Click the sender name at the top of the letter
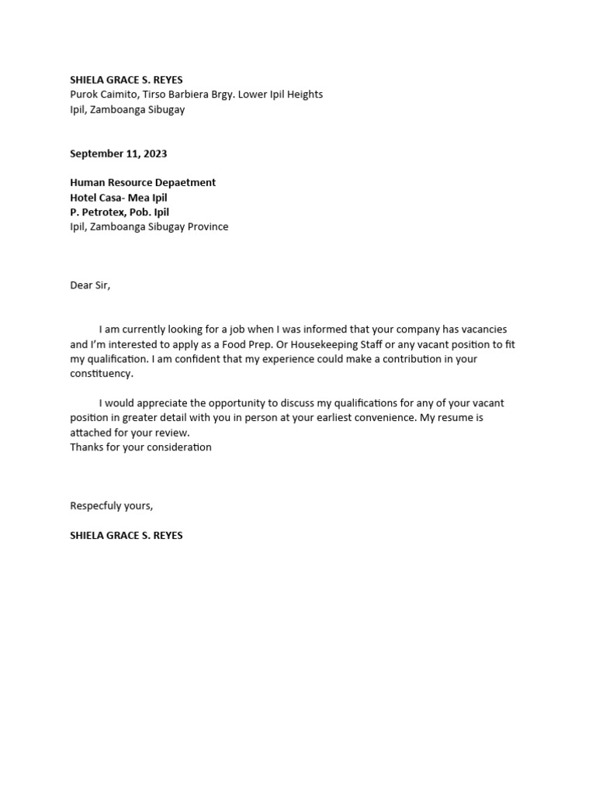pos(126,80)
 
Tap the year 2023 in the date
pos(154,154)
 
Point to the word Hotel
pos(84,198)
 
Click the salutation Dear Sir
pos(90,285)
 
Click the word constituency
pos(101,374)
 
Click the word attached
pos(91,433)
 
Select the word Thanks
pos(86,447)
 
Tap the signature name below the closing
pos(126,536)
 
